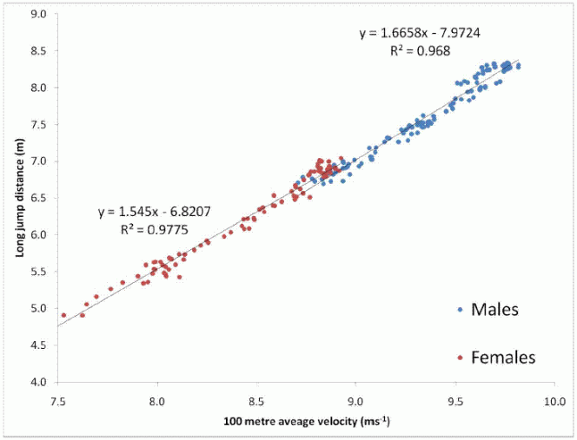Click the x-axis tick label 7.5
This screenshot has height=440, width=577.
coord(58,402)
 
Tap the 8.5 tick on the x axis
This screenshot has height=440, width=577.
coord(256,402)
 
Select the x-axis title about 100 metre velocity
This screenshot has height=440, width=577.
coord(304,422)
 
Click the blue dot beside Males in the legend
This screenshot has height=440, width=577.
coord(460,310)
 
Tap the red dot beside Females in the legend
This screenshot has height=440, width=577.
coord(460,357)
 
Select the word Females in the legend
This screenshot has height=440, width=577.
coord(503,357)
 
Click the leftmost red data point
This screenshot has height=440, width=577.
coord(63,315)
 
